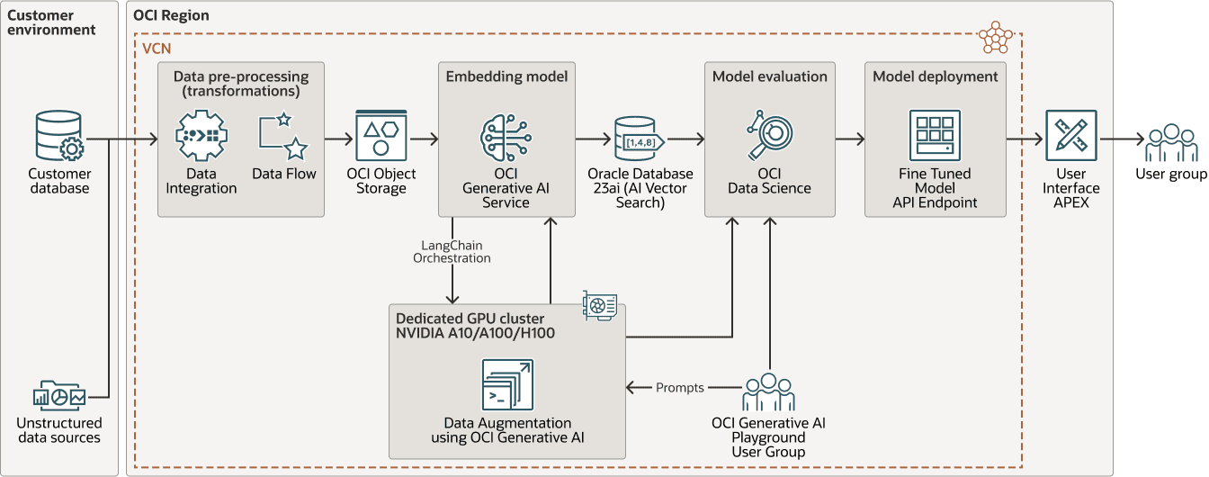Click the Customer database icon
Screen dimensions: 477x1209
58,136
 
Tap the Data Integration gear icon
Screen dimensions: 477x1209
200,136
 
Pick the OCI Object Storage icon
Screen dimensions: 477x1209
381,136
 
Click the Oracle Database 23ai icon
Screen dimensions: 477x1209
639,139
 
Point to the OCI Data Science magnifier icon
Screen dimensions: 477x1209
769,136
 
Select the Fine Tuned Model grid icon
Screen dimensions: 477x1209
935,136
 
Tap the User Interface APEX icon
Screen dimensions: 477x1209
1070,136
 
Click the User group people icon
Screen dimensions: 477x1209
1170,141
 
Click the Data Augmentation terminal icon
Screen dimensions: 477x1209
507,385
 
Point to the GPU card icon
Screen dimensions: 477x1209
600,305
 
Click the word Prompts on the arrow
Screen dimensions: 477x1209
679,388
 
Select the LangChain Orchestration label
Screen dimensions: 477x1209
452,251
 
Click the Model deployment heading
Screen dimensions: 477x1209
935,76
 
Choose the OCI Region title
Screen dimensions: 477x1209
171,15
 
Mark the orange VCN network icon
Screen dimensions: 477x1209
995,37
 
